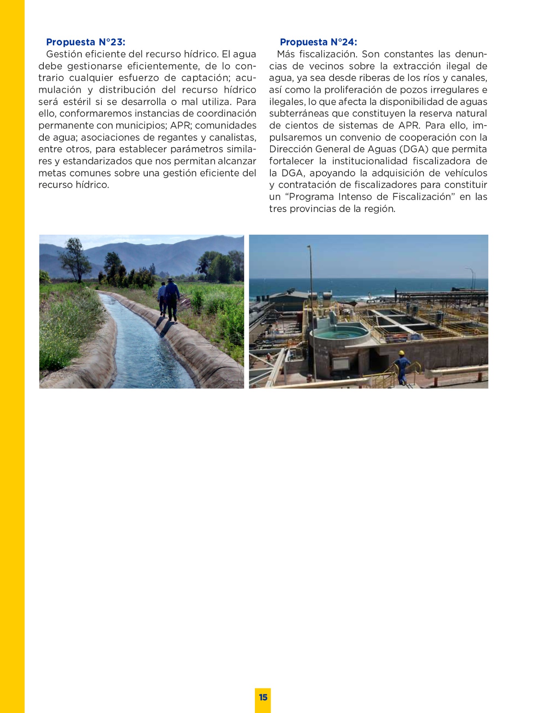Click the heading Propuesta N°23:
coord(85,42)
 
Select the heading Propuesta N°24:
coord(318,42)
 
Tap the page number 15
coord(263,697)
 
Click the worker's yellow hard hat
coord(401,353)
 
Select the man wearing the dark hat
coord(172,297)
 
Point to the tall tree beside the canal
coord(75,258)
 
